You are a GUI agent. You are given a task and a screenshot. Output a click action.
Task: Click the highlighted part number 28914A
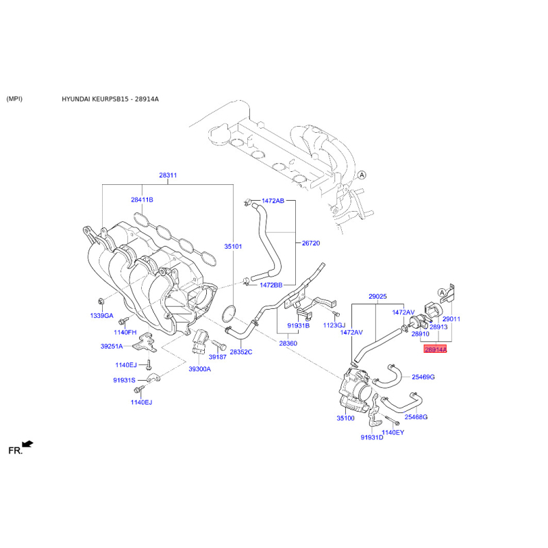pyautogui.click(x=435, y=349)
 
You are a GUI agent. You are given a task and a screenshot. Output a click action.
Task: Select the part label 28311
pyautogui.click(x=168, y=175)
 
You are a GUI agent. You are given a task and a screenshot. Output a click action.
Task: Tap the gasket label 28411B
pyautogui.click(x=142, y=200)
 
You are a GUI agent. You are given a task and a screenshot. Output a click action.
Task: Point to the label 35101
pyautogui.click(x=233, y=247)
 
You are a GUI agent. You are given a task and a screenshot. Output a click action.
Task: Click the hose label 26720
pyautogui.click(x=311, y=243)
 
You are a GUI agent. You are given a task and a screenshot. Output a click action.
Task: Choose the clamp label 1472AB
pyautogui.click(x=273, y=201)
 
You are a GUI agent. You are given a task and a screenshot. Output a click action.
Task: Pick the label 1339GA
pyautogui.click(x=101, y=316)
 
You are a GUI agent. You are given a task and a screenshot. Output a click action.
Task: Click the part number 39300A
pyautogui.click(x=199, y=369)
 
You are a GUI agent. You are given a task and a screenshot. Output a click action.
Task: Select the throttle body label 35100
pyautogui.click(x=345, y=418)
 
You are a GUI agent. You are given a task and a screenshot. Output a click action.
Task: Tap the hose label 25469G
pyautogui.click(x=423, y=377)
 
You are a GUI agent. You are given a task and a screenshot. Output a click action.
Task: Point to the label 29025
pyautogui.click(x=377, y=297)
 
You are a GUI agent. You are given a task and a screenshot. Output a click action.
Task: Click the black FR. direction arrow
pyautogui.click(x=27, y=444)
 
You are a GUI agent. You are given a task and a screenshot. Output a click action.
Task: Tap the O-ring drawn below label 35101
pyautogui.click(x=229, y=314)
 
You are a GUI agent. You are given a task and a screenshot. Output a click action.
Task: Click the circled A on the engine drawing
pyautogui.click(x=362, y=175)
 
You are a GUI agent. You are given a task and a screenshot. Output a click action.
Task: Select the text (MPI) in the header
pyautogui.click(x=14, y=99)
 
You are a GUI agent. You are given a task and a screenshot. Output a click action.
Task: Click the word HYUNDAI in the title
pyautogui.click(x=76, y=99)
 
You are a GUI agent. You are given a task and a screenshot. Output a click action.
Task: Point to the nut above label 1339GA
pyautogui.click(x=101, y=301)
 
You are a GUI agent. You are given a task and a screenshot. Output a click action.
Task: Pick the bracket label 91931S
pyautogui.click(x=124, y=380)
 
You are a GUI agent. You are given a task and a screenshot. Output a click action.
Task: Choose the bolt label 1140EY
pyautogui.click(x=393, y=432)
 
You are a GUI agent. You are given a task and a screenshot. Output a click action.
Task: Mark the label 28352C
pyautogui.click(x=241, y=352)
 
